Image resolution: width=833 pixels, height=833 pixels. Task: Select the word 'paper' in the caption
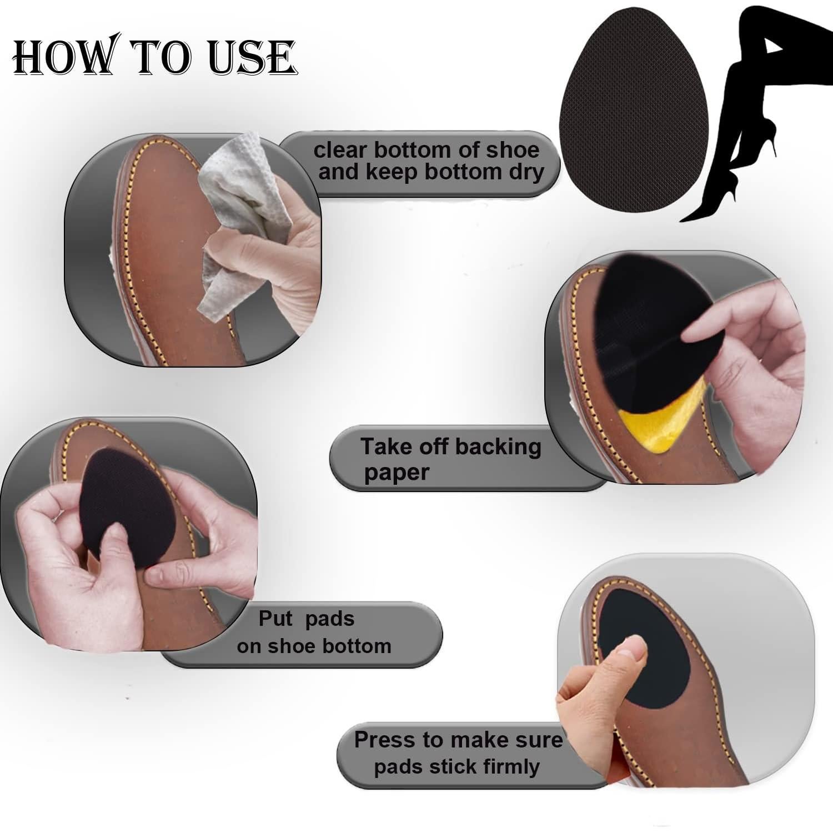396,473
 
